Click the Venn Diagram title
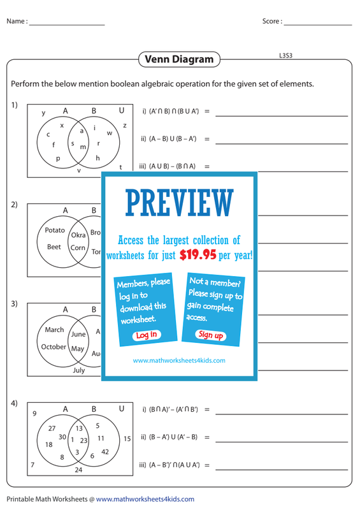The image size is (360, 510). click(x=179, y=59)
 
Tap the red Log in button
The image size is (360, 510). click(x=147, y=335)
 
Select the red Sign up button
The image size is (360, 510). click(x=211, y=335)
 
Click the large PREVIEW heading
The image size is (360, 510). click(x=179, y=203)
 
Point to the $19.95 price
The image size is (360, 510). click(x=198, y=254)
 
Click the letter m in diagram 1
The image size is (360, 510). click(x=83, y=147)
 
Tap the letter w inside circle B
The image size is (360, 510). click(x=110, y=133)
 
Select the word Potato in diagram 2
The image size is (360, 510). click(x=55, y=230)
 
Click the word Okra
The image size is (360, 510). click(x=78, y=235)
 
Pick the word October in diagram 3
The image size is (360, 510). click(x=54, y=347)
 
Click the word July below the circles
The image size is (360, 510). click(x=79, y=370)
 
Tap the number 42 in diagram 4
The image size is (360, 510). click(x=105, y=452)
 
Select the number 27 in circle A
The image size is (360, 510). click(x=52, y=428)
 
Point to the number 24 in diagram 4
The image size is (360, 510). click(x=78, y=470)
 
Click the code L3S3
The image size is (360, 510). click(x=286, y=55)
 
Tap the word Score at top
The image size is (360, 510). click(x=271, y=21)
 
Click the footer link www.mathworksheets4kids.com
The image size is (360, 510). click(x=145, y=499)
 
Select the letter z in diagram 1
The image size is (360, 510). click(x=124, y=125)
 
